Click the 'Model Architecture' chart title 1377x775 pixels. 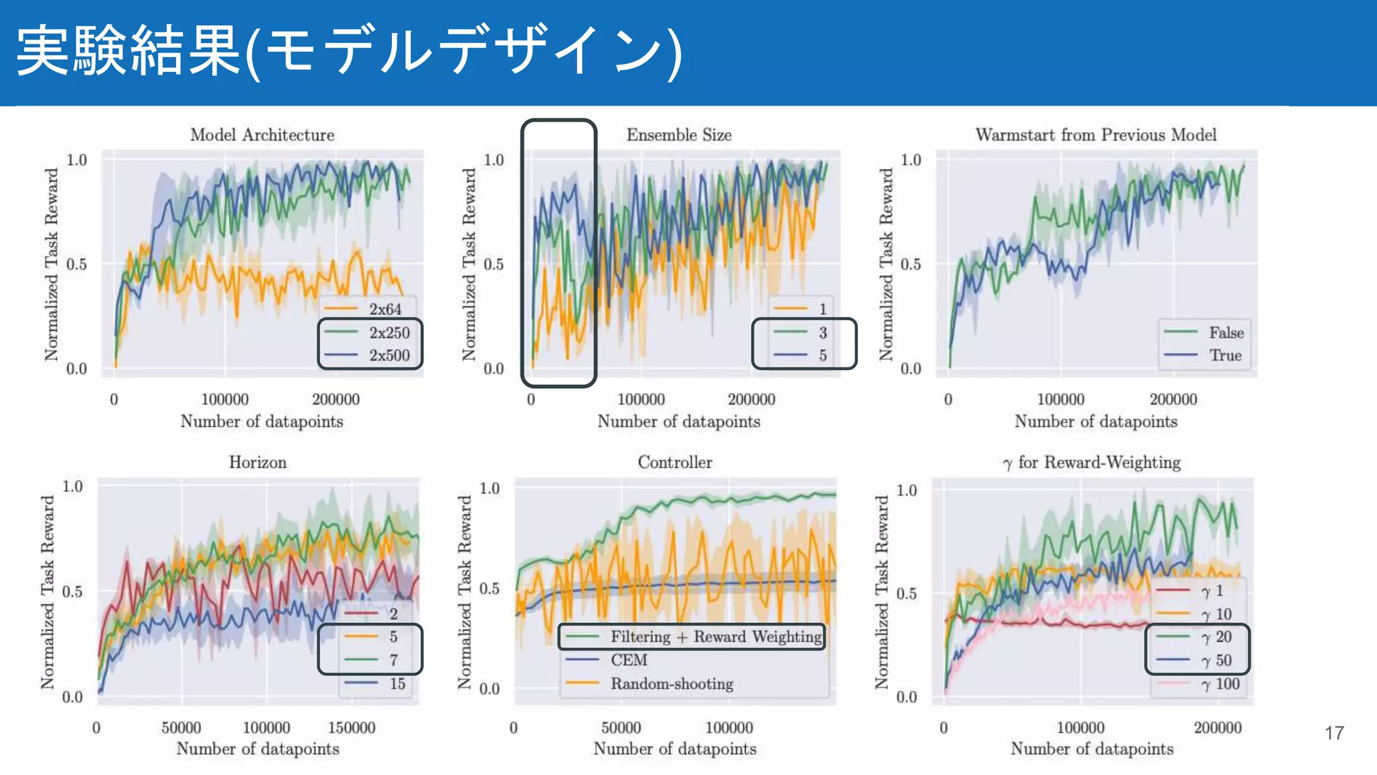[x=262, y=135]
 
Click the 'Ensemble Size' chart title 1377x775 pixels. [x=679, y=135]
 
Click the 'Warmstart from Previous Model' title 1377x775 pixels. [x=1096, y=135]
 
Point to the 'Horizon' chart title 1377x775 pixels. [x=258, y=462]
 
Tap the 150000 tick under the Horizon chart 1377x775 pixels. [x=352, y=727]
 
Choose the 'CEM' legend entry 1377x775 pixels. [x=628, y=660]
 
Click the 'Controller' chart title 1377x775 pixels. [x=675, y=462]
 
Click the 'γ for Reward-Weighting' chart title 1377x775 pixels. [x=1092, y=462]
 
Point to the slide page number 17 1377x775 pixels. [x=1334, y=733]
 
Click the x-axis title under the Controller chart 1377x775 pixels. [x=675, y=749]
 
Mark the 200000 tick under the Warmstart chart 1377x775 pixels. [x=1173, y=399]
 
